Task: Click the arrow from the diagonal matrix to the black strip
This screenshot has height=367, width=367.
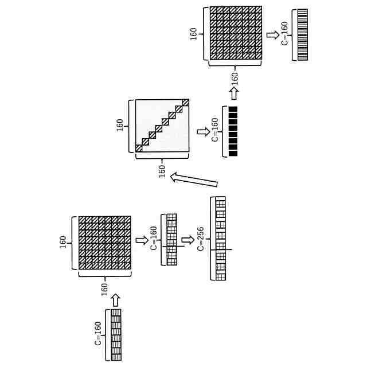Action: (202, 132)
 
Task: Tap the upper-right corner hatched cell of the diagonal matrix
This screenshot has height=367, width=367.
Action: (185, 103)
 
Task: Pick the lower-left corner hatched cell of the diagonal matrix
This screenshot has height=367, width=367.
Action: (139, 149)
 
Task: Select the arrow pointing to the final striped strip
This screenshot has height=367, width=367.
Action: (274, 35)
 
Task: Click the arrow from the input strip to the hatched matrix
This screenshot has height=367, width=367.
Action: (115, 299)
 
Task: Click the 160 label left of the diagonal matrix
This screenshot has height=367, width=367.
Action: (120, 125)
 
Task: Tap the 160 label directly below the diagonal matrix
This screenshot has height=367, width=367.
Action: (162, 170)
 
